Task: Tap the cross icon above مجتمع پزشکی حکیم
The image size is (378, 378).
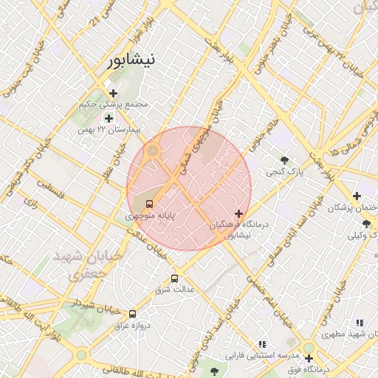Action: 113,93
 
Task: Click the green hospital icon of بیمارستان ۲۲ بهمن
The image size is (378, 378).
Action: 109,118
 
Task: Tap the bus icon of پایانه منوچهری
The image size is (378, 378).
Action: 150,204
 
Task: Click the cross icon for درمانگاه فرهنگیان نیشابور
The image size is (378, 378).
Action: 238,213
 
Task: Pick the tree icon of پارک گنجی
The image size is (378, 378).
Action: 284,160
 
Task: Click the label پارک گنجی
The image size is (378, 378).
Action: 284,172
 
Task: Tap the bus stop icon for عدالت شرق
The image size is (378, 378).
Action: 174,278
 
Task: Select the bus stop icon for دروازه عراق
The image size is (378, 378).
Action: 132,314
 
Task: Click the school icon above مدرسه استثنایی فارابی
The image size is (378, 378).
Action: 262,344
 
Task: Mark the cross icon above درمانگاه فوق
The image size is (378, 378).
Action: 309,357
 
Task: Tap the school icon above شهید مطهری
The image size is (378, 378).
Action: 360,323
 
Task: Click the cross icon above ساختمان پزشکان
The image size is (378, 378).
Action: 357,196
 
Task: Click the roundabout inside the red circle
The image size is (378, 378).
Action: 153,151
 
